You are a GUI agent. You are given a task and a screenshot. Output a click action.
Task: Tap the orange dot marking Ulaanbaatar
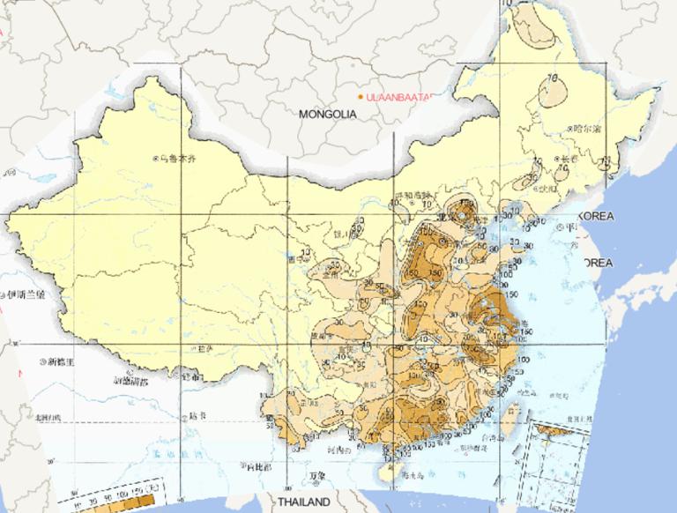(x=361, y=96)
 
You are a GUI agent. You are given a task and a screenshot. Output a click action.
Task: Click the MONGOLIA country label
(x=327, y=115)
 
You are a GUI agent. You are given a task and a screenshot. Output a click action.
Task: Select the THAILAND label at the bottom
(x=304, y=502)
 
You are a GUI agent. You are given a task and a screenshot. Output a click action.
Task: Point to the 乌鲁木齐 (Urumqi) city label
(x=173, y=159)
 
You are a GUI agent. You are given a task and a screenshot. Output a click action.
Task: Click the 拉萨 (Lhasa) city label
(x=209, y=349)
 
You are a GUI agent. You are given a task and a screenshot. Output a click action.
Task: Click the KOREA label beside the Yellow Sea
(x=596, y=216)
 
